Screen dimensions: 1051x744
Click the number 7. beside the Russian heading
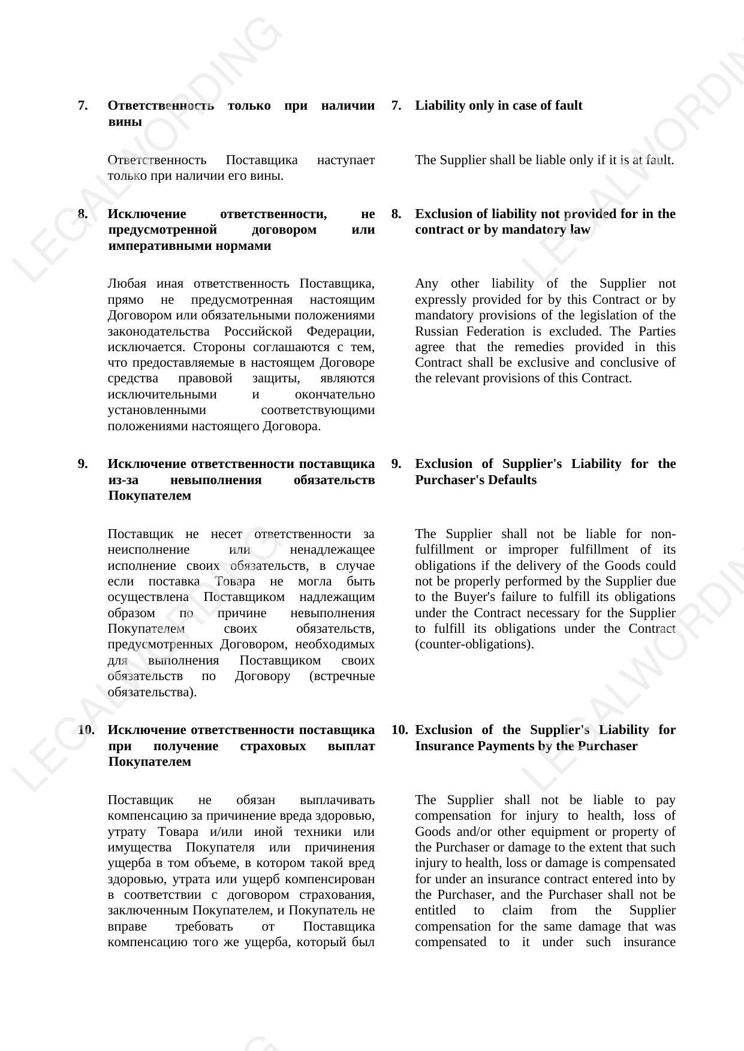(83, 105)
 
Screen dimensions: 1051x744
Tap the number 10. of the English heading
(399, 730)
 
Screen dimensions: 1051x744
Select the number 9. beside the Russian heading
(83, 464)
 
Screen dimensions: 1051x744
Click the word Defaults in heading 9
(511, 480)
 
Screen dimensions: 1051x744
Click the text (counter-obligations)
(474, 644)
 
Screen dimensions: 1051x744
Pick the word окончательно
(335, 394)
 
